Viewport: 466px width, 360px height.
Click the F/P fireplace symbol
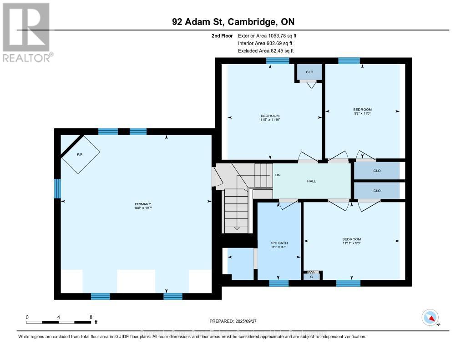click(80, 155)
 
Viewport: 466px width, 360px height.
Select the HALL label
click(312, 181)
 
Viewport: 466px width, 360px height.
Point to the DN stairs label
click(278, 175)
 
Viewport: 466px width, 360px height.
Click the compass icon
click(430, 317)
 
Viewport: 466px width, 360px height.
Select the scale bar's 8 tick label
click(91, 317)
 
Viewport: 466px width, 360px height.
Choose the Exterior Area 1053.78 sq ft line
click(268, 35)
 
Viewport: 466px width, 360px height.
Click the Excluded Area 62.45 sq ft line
click(266, 51)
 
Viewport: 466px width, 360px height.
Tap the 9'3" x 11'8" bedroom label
click(363, 112)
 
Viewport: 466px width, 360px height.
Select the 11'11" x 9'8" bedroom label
click(352, 242)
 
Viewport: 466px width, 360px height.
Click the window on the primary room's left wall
click(58, 188)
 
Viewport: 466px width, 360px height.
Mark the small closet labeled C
click(311, 275)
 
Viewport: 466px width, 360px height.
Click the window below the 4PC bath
click(279, 283)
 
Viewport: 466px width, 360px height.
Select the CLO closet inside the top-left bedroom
click(309, 72)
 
